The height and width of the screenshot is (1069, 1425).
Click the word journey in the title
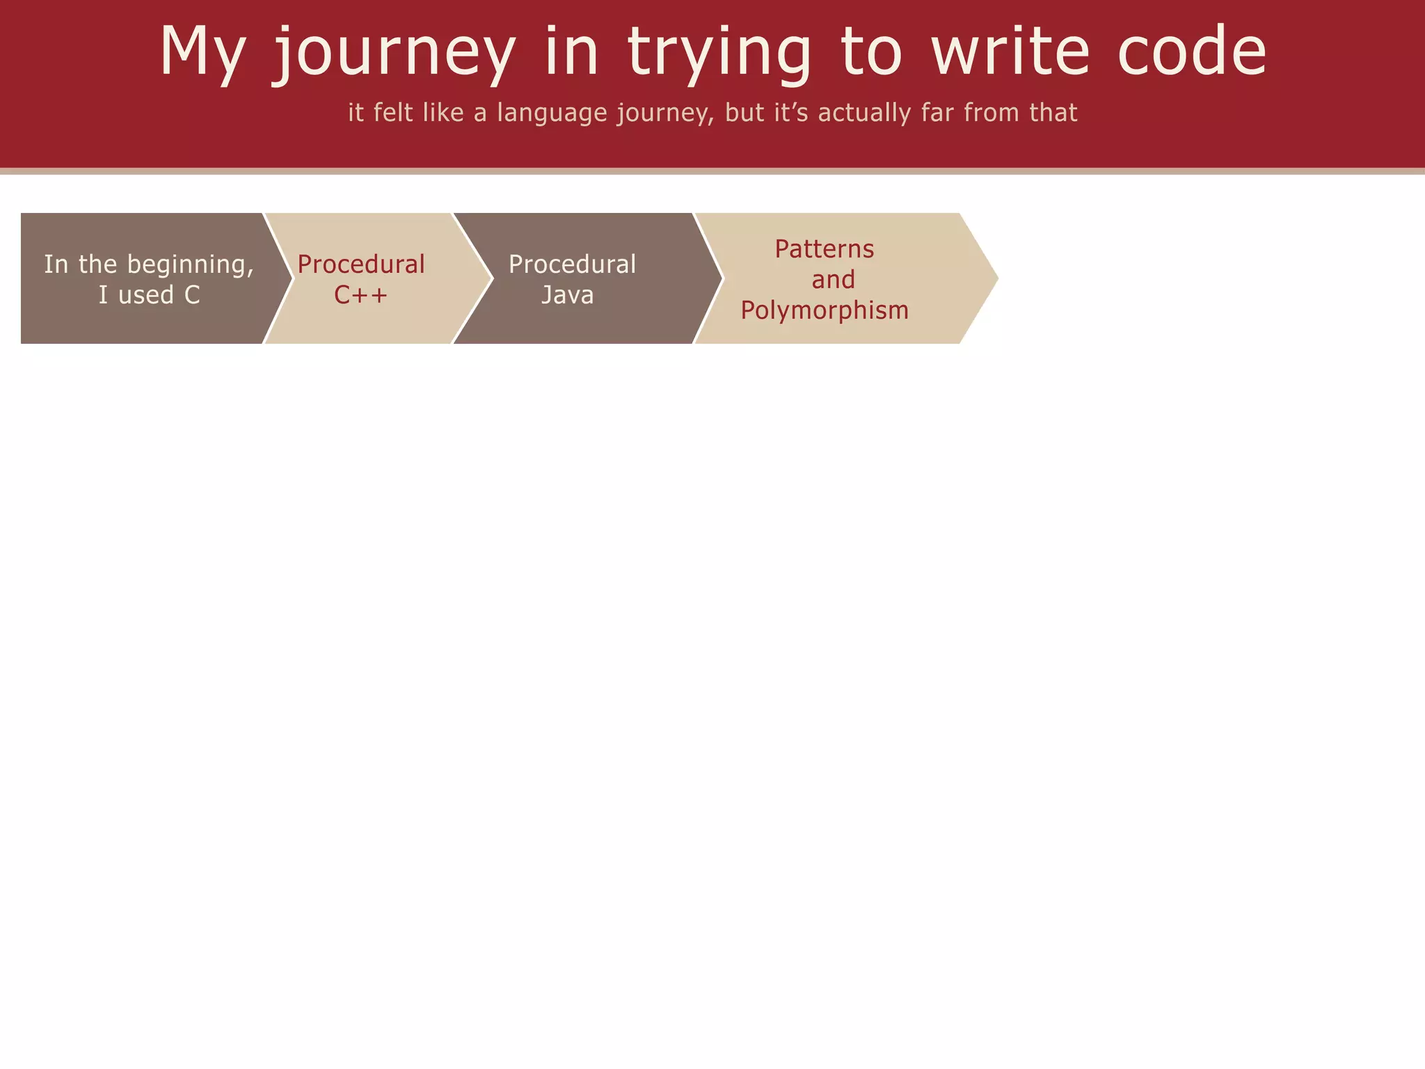(x=393, y=52)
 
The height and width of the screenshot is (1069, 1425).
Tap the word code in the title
(x=1191, y=52)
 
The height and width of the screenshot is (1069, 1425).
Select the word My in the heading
(x=202, y=52)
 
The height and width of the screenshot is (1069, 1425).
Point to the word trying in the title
(x=719, y=52)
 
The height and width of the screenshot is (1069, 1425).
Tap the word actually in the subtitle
(x=864, y=113)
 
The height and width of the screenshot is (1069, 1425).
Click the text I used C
(x=149, y=295)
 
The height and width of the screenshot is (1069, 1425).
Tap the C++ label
(x=360, y=295)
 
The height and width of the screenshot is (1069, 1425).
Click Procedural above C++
(x=360, y=264)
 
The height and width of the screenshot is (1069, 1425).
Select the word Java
(x=567, y=295)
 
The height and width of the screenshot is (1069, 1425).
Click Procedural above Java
(x=572, y=264)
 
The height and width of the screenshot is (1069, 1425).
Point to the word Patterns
(x=824, y=249)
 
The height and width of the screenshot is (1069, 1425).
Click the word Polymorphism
(x=824, y=310)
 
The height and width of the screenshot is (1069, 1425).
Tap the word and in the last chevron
(x=833, y=280)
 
